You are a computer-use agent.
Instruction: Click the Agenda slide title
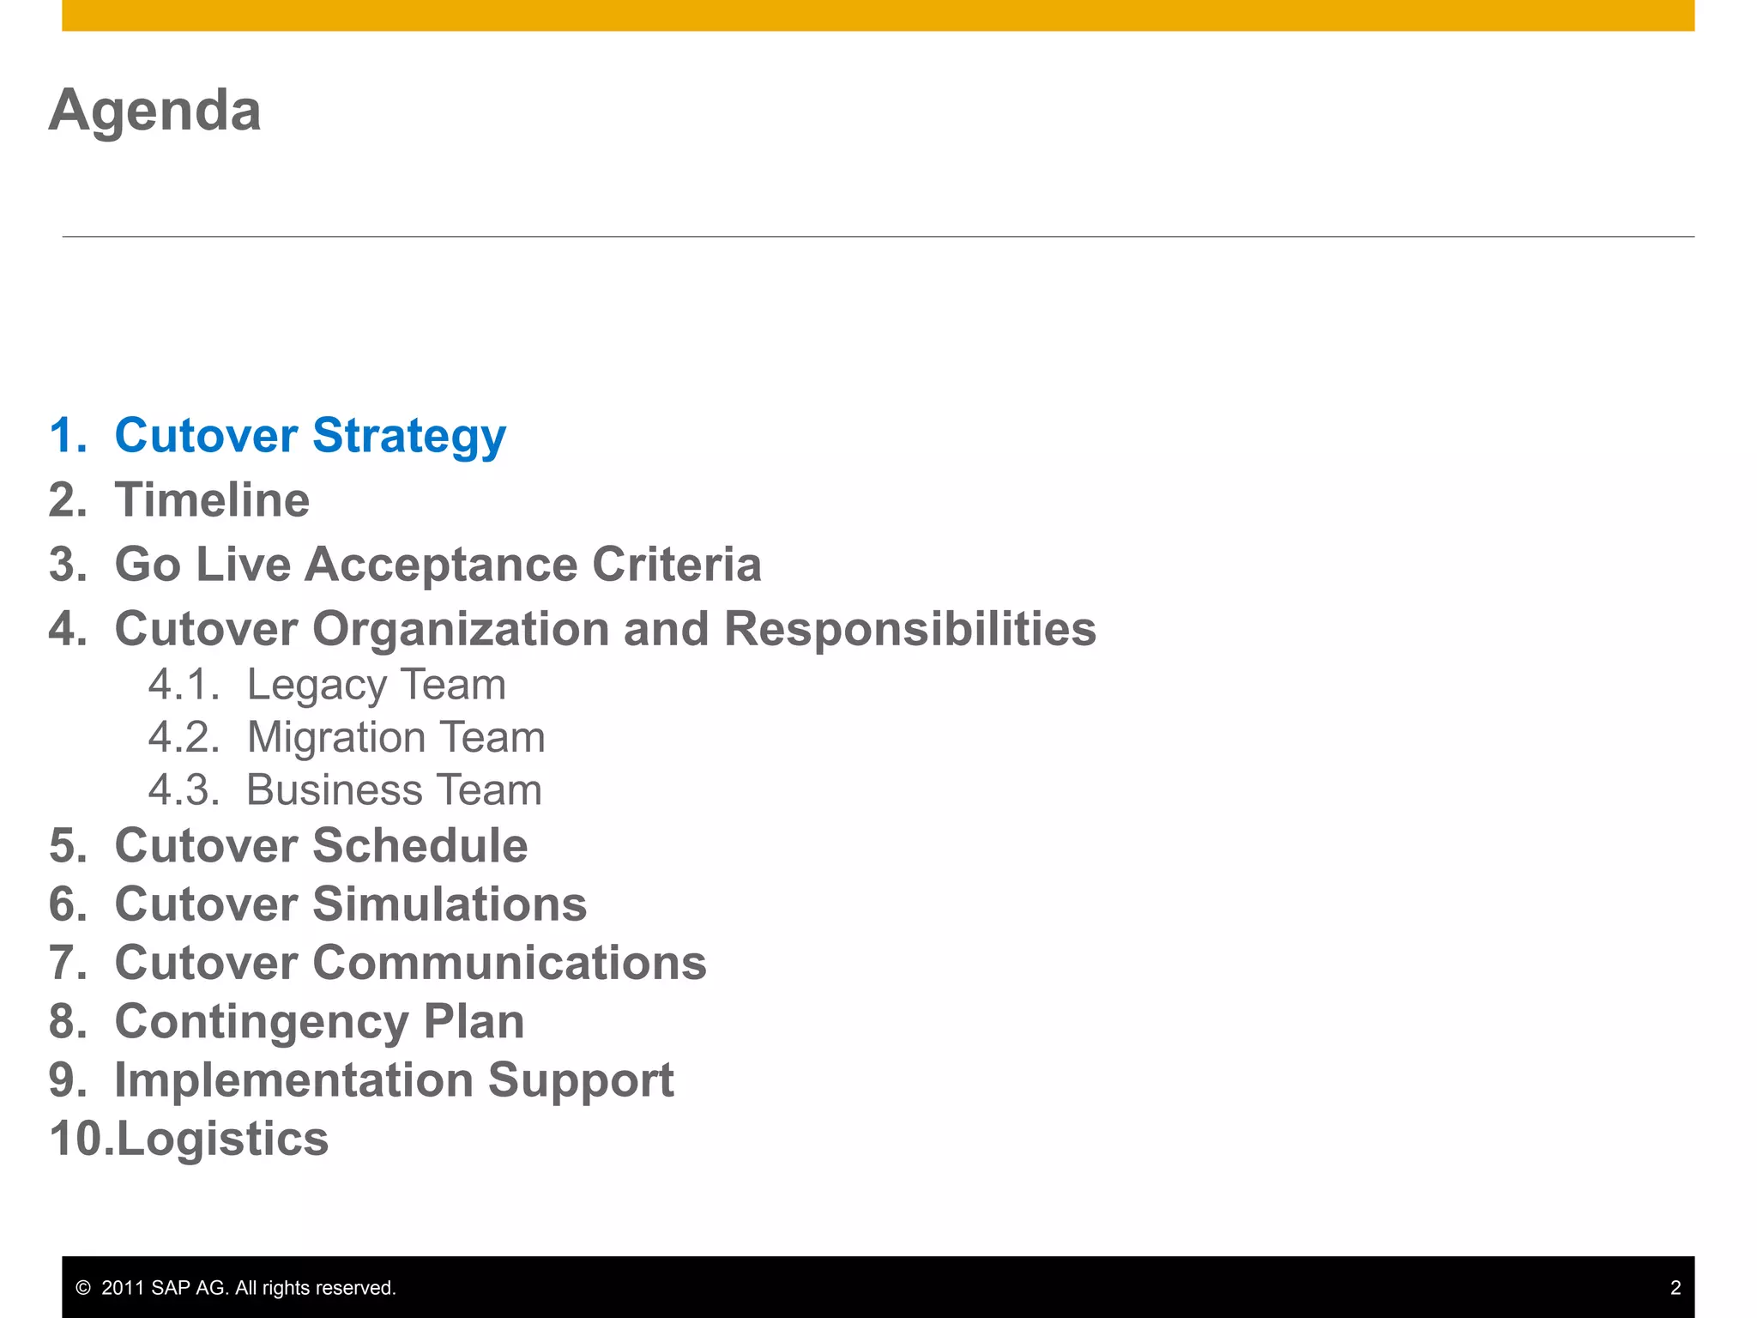coord(154,111)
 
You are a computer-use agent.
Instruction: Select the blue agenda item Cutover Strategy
coord(310,435)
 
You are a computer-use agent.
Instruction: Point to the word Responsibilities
coord(909,629)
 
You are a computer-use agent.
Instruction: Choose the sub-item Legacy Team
coord(376,685)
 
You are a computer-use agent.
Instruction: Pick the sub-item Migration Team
coord(395,737)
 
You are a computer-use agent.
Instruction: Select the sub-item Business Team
coord(394,789)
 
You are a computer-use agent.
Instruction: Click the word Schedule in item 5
coord(420,845)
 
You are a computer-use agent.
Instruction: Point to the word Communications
coord(510,963)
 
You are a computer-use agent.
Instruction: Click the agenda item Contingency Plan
coord(319,1022)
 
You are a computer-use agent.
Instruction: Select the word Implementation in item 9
coord(293,1079)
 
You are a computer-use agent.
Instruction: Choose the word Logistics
coord(222,1139)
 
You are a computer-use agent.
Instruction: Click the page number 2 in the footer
coord(1675,1288)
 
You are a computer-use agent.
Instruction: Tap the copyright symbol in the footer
coord(83,1288)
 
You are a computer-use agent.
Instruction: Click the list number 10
coord(79,1139)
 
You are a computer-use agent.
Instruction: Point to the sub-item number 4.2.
coord(183,737)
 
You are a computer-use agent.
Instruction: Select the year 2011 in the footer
coord(122,1288)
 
